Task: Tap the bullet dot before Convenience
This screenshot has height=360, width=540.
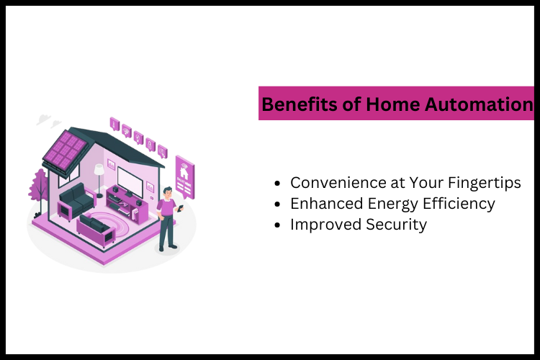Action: click(278, 184)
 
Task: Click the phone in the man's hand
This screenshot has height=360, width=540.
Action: click(181, 208)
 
